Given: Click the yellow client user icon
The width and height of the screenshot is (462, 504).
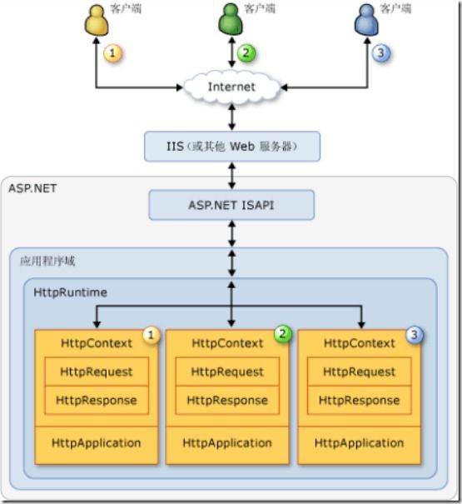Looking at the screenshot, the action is (97, 20).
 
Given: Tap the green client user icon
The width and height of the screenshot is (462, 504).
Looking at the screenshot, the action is (231, 19).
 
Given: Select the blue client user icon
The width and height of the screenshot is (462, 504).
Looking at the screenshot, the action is (366, 20).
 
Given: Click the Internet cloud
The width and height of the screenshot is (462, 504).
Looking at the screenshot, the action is (231, 87).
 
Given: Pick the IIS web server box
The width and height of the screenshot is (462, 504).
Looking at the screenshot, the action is (232, 147).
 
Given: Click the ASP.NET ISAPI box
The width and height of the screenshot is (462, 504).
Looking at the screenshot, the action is (231, 205).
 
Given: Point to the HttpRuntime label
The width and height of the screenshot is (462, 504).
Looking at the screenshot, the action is (71, 292).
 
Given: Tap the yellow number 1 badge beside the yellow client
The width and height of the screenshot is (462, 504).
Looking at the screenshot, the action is (112, 52).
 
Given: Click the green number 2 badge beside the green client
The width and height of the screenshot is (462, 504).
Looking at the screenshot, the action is (246, 52).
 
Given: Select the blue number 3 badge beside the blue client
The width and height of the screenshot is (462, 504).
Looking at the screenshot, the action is (380, 52).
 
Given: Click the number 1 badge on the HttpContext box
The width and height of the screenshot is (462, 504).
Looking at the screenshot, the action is (151, 335).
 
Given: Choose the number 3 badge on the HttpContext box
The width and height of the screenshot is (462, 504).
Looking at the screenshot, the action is (415, 335).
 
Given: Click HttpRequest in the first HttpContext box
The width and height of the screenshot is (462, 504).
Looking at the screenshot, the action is (97, 372).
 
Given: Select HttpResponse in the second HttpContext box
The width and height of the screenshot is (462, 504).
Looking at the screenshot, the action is (227, 400).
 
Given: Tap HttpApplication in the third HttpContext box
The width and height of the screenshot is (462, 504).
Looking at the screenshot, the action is (359, 443).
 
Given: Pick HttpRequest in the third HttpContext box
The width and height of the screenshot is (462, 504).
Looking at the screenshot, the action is (359, 372).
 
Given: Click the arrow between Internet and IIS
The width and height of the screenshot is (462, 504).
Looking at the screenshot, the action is (232, 117).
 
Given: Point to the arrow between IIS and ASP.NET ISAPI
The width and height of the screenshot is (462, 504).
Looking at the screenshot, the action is (232, 176).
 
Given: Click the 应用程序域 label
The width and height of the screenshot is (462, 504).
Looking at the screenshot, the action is (47, 261).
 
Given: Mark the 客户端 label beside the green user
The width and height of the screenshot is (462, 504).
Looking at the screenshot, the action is (260, 8).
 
